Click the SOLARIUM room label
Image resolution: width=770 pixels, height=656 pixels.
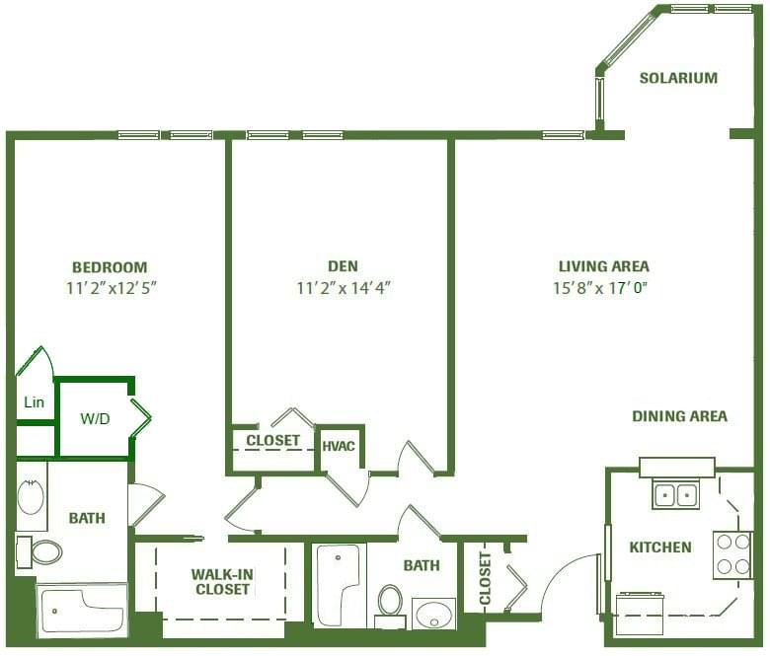tap(677, 78)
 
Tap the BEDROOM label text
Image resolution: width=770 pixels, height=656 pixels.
tap(110, 267)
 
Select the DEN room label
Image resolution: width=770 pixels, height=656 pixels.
tap(343, 266)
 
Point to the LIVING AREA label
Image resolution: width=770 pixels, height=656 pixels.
tap(603, 266)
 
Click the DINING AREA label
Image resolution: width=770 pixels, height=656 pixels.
tap(679, 416)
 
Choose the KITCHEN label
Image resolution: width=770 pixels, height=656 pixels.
tap(660, 547)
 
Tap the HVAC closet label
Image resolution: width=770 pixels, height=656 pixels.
tap(339, 447)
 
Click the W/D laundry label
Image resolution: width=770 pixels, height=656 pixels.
tap(95, 418)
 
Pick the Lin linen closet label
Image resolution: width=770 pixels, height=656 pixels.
tap(34, 402)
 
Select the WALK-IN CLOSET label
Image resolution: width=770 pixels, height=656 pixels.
tap(221, 581)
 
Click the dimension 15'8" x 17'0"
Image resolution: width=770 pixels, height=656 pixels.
tap(603, 288)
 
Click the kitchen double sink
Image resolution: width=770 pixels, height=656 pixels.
tap(675, 493)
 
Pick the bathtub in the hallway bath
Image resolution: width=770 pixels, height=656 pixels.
tap(339, 584)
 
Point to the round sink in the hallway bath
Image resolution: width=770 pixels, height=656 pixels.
tap(433, 615)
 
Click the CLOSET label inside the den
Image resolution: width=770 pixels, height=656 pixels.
tap(272, 440)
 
